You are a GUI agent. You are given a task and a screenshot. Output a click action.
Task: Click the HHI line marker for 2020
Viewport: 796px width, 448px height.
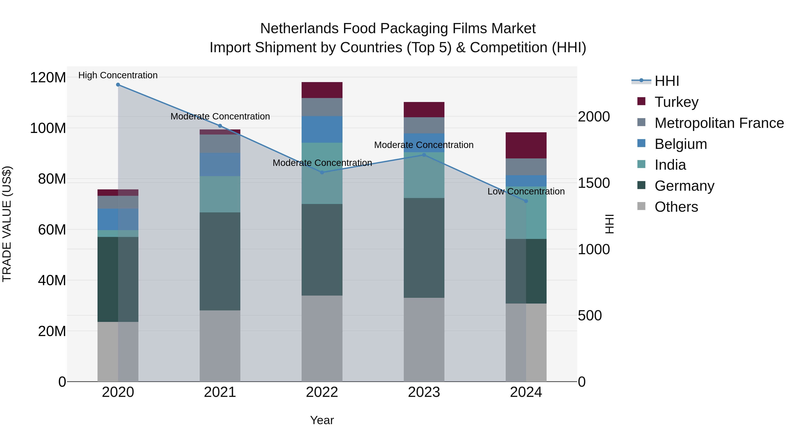pos(118,85)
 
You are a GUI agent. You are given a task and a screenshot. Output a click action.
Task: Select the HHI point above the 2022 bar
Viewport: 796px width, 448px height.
pos(322,173)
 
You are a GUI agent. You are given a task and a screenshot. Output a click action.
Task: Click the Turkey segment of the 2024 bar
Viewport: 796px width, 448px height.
pos(526,145)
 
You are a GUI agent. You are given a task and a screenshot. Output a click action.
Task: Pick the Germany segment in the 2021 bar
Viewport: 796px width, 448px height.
pos(220,261)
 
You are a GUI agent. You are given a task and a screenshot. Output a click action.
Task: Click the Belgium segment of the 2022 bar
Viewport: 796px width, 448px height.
pos(322,129)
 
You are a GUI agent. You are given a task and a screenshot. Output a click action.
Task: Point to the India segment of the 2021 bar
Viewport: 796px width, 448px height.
pos(220,194)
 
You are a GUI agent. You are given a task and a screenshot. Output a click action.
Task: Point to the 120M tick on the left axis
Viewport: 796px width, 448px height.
pos(48,77)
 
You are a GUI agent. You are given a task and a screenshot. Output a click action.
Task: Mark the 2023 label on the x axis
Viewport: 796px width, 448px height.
pos(424,392)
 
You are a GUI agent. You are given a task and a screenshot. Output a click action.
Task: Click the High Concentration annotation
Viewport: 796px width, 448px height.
pos(118,75)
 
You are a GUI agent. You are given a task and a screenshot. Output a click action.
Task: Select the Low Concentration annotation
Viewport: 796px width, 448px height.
pos(526,191)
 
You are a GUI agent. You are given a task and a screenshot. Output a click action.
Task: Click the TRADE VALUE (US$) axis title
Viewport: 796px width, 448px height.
pos(7,224)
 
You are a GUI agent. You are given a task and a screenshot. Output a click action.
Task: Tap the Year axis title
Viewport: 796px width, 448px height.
pos(322,420)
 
